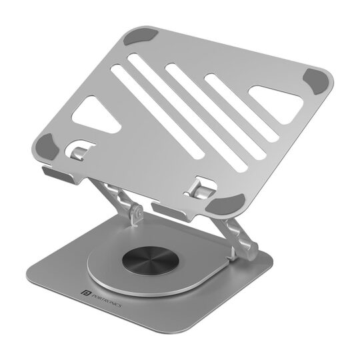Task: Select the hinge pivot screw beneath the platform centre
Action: [137, 214]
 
